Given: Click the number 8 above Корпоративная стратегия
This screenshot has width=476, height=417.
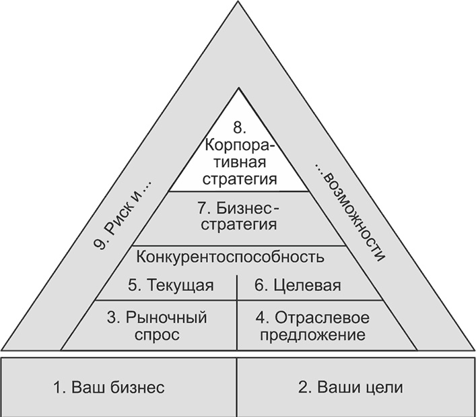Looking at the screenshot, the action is pyautogui.click(x=240, y=128).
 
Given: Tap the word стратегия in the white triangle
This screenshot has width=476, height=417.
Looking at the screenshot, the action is pyautogui.click(x=240, y=179).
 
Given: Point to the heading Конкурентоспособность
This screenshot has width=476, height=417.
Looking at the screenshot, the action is pyautogui.click(x=230, y=257).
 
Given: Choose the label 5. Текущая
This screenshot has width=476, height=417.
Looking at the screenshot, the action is pyautogui.click(x=171, y=286).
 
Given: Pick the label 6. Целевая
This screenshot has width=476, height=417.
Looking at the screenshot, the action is pyautogui.click(x=298, y=286).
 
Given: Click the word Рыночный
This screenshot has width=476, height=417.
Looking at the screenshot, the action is pyautogui.click(x=166, y=318).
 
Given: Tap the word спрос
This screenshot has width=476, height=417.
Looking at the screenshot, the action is pyautogui.click(x=158, y=335).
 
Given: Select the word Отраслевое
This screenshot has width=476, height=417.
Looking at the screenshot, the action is pyautogui.click(x=322, y=318).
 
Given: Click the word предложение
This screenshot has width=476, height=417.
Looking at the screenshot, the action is pyautogui.click(x=313, y=335).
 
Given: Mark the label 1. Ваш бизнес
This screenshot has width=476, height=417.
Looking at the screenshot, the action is pyautogui.click(x=109, y=387).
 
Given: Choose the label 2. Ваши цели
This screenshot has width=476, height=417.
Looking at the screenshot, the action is pyautogui.click(x=351, y=387).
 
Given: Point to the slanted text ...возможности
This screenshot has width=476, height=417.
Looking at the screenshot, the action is pyautogui.click(x=350, y=213).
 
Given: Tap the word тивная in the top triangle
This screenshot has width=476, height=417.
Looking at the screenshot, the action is pyautogui.click(x=240, y=162).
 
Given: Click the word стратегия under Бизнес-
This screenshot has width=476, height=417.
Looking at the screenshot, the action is pyautogui.click(x=239, y=225).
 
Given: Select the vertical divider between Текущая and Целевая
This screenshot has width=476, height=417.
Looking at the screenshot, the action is pyautogui.click(x=237, y=288).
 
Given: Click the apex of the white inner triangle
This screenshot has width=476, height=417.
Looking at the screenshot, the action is pyautogui.click(x=238, y=88).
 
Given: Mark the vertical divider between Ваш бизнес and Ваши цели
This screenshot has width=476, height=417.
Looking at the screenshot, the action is pyautogui.click(x=237, y=387).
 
